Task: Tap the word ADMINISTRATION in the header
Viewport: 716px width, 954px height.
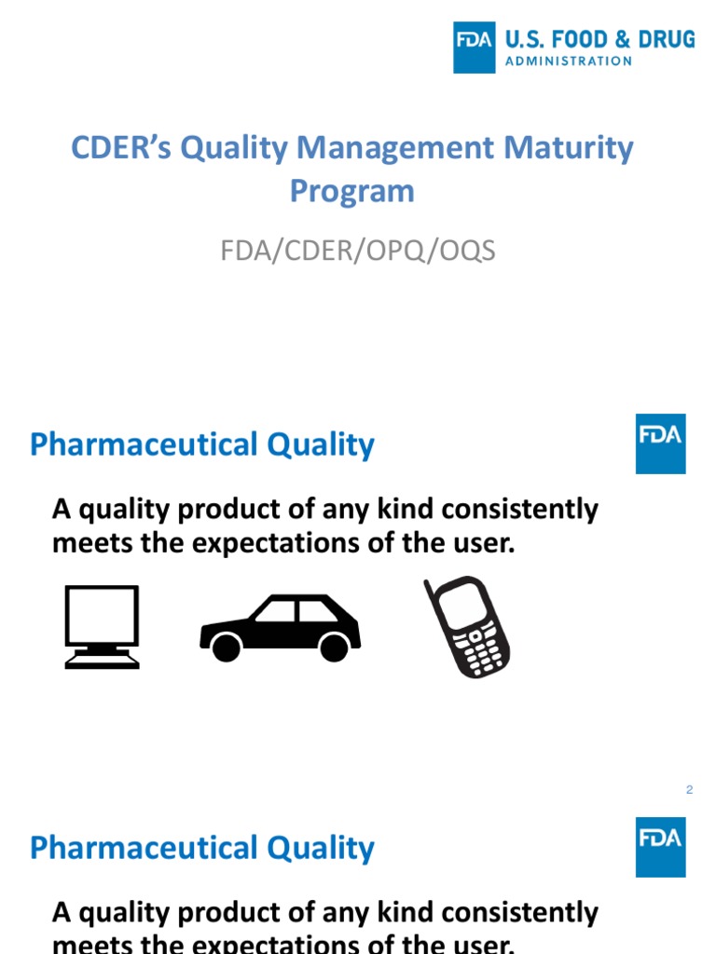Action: pyautogui.click(x=569, y=61)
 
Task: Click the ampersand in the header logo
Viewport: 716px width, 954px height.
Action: pyautogui.click(x=623, y=40)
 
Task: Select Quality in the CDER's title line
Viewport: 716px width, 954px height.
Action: pyautogui.click(x=236, y=148)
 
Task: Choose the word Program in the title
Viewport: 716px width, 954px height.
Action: pyautogui.click(x=351, y=191)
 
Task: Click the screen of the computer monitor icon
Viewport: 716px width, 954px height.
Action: pyautogui.click(x=102, y=615)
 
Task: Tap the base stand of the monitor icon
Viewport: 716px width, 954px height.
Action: pyautogui.click(x=102, y=661)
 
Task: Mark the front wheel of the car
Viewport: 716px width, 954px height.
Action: pyautogui.click(x=335, y=646)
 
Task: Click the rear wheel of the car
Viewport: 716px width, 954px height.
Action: pyautogui.click(x=227, y=646)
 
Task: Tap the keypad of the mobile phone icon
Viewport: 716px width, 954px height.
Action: pyautogui.click(x=481, y=649)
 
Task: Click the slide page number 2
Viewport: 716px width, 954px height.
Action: pyautogui.click(x=689, y=790)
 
